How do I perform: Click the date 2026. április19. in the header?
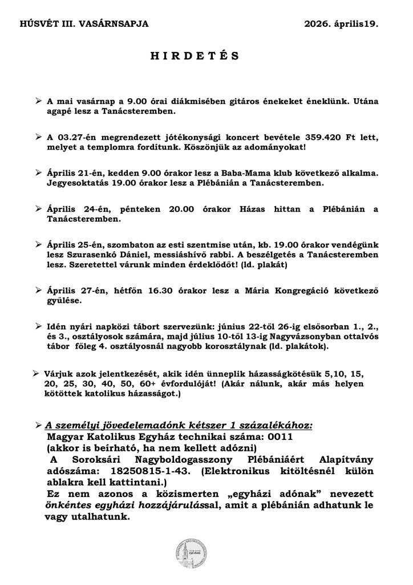[x=341, y=23]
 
